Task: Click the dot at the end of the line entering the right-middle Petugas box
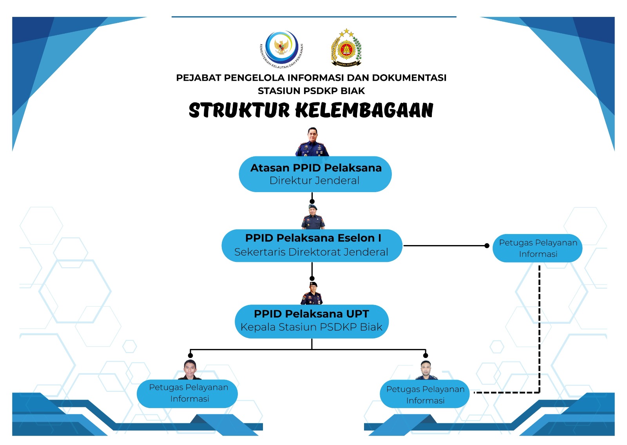click(487, 245)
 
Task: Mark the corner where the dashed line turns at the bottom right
click(539, 392)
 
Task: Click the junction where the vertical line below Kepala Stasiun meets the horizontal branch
click(312, 349)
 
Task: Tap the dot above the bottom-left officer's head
click(190, 355)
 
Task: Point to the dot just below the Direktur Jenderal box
click(312, 202)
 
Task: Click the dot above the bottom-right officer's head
click(426, 355)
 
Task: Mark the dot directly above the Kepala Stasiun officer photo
click(312, 278)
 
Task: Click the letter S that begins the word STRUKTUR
click(196, 110)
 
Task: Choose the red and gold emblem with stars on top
click(346, 47)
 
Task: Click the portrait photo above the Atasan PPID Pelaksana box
click(312, 142)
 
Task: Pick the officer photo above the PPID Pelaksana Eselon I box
click(313, 217)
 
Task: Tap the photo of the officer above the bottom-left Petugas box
click(190, 370)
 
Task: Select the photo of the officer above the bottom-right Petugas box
click(426, 370)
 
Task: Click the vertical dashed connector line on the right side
click(539, 329)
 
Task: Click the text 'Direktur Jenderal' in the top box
click(314, 181)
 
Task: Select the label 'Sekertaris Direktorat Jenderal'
click(311, 252)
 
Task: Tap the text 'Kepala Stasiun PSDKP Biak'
click(312, 327)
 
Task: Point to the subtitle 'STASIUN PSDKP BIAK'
click(311, 91)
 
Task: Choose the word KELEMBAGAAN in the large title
click(364, 110)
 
